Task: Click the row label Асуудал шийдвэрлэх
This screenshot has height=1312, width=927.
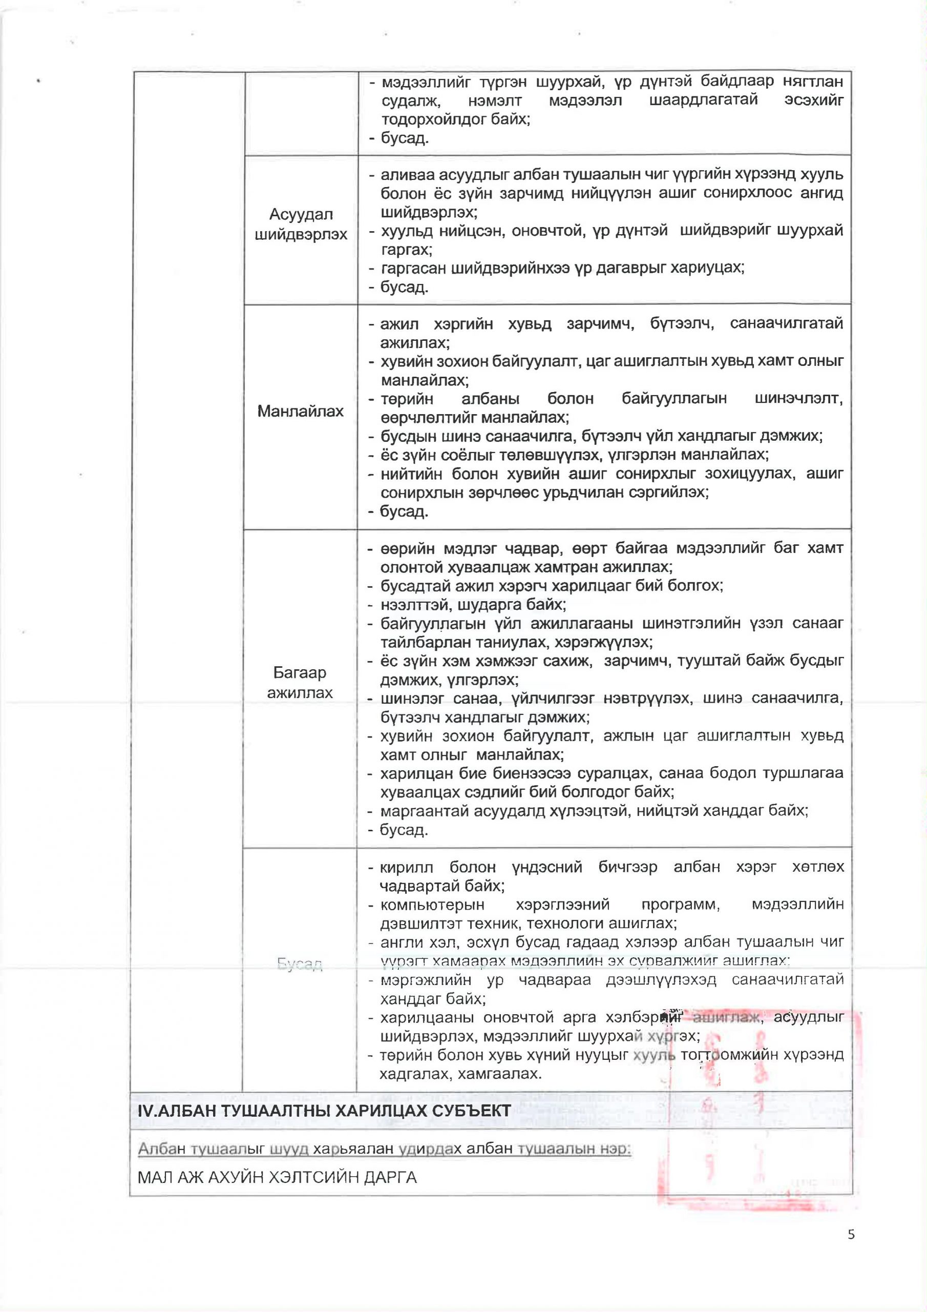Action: (x=301, y=224)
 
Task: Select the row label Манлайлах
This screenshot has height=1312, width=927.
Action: (x=301, y=411)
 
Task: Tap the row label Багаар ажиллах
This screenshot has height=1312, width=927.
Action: (x=300, y=682)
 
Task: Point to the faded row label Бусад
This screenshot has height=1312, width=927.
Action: (x=300, y=964)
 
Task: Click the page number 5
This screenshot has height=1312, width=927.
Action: (x=851, y=1234)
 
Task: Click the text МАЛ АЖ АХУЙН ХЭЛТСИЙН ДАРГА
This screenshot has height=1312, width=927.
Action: (x=277, y=1177)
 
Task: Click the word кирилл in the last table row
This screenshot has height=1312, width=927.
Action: (x=407, y=867)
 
